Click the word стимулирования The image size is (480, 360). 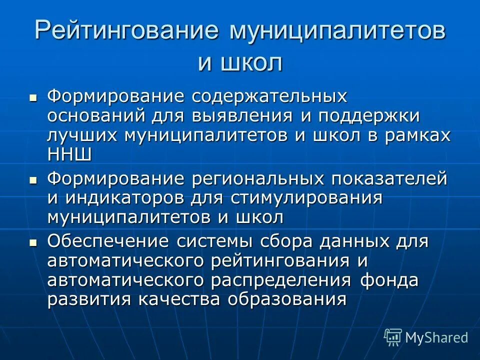(306, 198)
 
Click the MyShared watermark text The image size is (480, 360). (436, 337)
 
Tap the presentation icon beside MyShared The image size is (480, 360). (393, 337)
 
